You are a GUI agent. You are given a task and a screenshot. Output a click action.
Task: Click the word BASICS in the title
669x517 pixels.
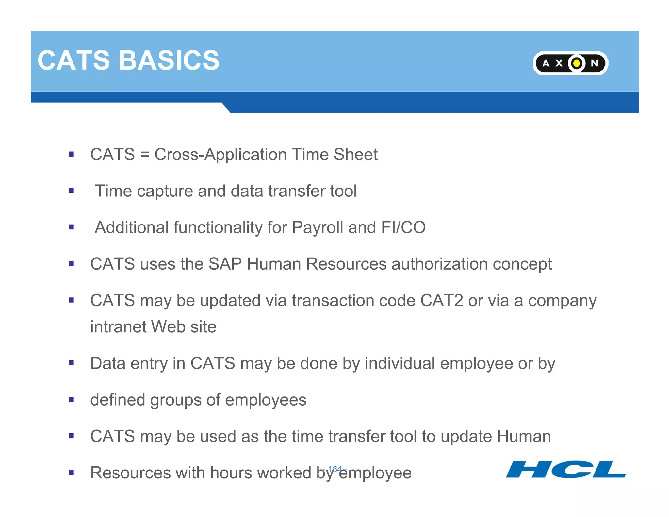coord(169,60)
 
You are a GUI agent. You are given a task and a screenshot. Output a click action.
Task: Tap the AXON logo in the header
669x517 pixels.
coord(570,63)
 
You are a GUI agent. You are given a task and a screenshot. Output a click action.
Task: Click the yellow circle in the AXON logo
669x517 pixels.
coord(577,63)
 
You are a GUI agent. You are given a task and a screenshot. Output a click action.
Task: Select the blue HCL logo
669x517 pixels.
coord(565,469)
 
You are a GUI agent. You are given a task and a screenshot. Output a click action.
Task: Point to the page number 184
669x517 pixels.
coord(335,469)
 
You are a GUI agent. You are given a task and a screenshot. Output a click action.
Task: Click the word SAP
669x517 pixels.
coord(225,264)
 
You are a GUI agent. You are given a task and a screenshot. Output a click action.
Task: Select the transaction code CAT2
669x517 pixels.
coord(441,301)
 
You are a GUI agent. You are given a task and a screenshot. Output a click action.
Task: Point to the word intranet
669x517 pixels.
coord(118,327)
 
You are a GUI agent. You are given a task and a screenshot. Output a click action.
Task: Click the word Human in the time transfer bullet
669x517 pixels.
coord(524,436)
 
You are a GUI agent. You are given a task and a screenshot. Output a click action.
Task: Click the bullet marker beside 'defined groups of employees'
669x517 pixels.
coord(71,399)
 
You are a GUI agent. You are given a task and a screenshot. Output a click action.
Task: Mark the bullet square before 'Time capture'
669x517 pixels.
coord(71,191)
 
